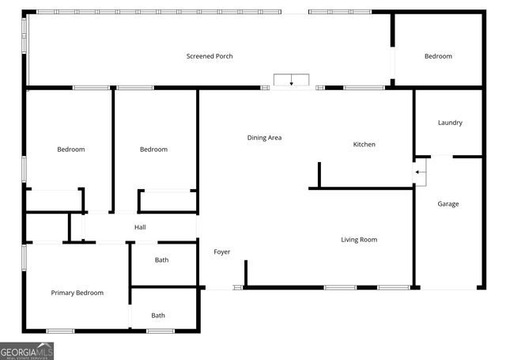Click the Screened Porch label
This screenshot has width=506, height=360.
[210, 56]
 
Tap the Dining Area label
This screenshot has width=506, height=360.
[264, 138]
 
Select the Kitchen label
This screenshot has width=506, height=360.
[364, 144]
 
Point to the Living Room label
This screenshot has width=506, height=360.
[359, 240]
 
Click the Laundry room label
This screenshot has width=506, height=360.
[450, 123]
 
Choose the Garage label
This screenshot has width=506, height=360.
[448, 204]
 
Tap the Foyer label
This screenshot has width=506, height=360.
[221, 252]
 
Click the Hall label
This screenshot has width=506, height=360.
[140, 228]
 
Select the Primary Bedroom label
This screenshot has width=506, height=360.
[77, 293]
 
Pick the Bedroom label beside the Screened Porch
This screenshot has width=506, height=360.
[438, 56]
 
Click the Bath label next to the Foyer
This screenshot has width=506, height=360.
[161, 260]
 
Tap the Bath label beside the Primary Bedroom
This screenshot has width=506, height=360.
[158, 316]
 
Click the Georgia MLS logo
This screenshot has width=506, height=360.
[27, 351]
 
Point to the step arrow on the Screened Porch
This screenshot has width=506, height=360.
[292, 81]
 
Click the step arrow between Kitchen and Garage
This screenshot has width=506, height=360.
[421, 171]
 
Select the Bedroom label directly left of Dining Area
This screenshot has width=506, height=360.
[153, 150]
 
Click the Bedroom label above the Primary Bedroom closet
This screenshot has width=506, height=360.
[70, 150]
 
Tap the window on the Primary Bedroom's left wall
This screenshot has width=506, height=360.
[25, 257]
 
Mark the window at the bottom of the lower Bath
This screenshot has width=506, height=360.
[160, 330]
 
